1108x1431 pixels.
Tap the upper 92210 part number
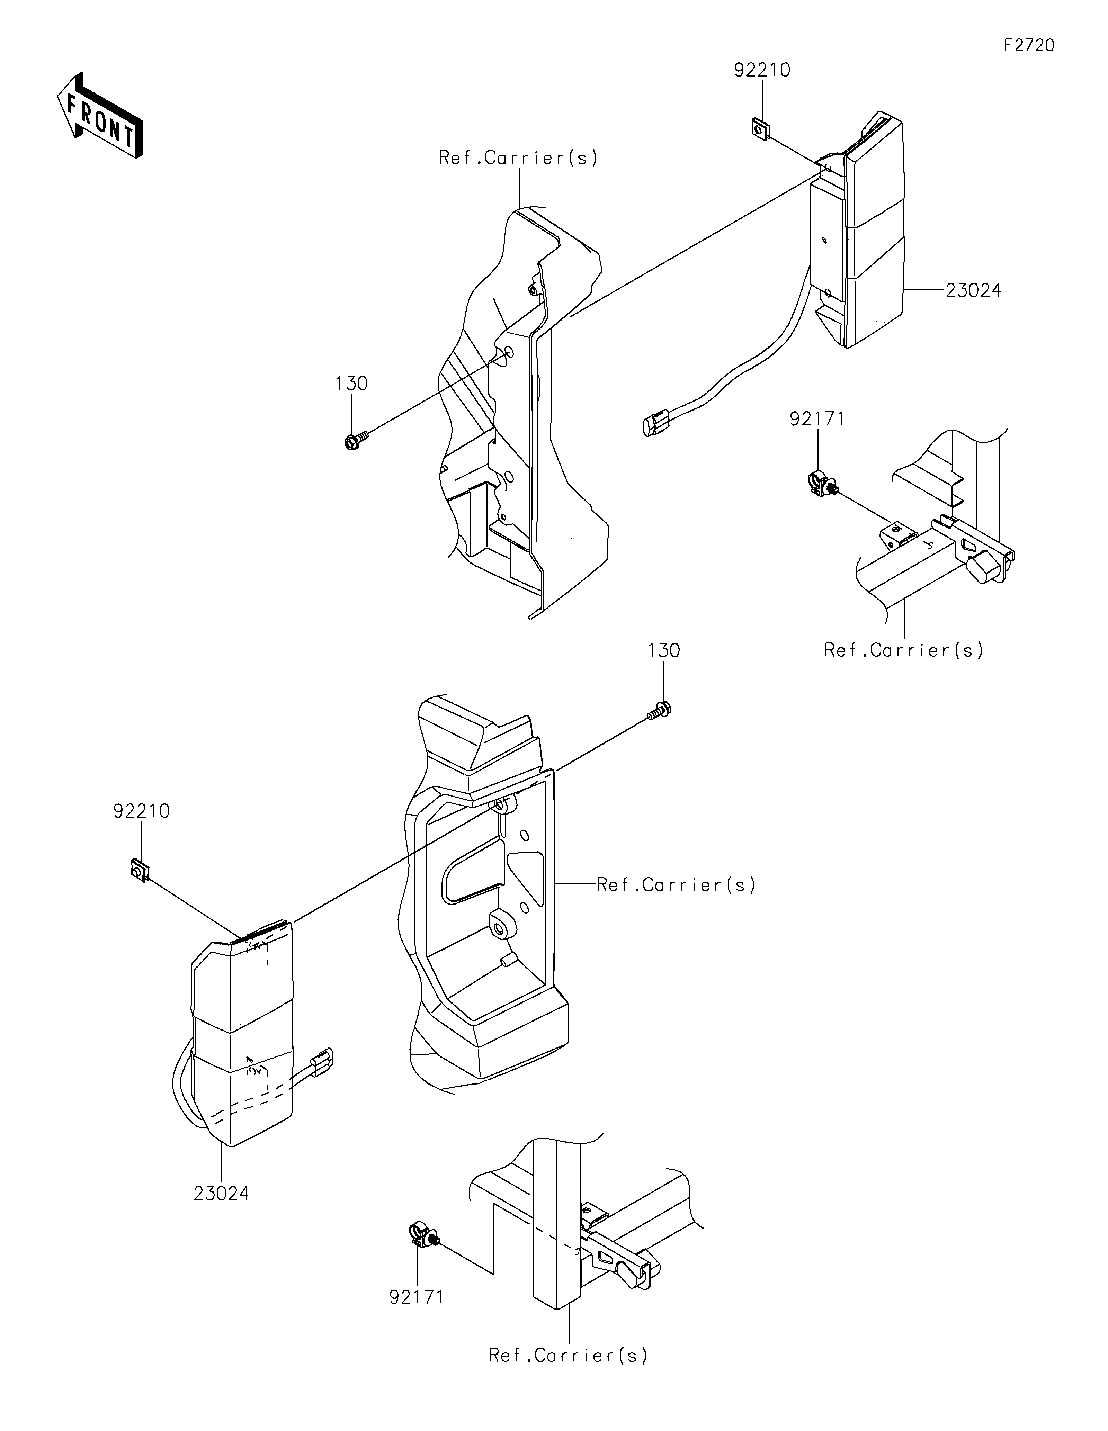pos(762,70)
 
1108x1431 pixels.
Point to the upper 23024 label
pos(973,290)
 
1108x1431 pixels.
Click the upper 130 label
pos(352,383)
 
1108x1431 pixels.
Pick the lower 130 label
pos(664,651)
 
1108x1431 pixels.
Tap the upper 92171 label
pos(817,419)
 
